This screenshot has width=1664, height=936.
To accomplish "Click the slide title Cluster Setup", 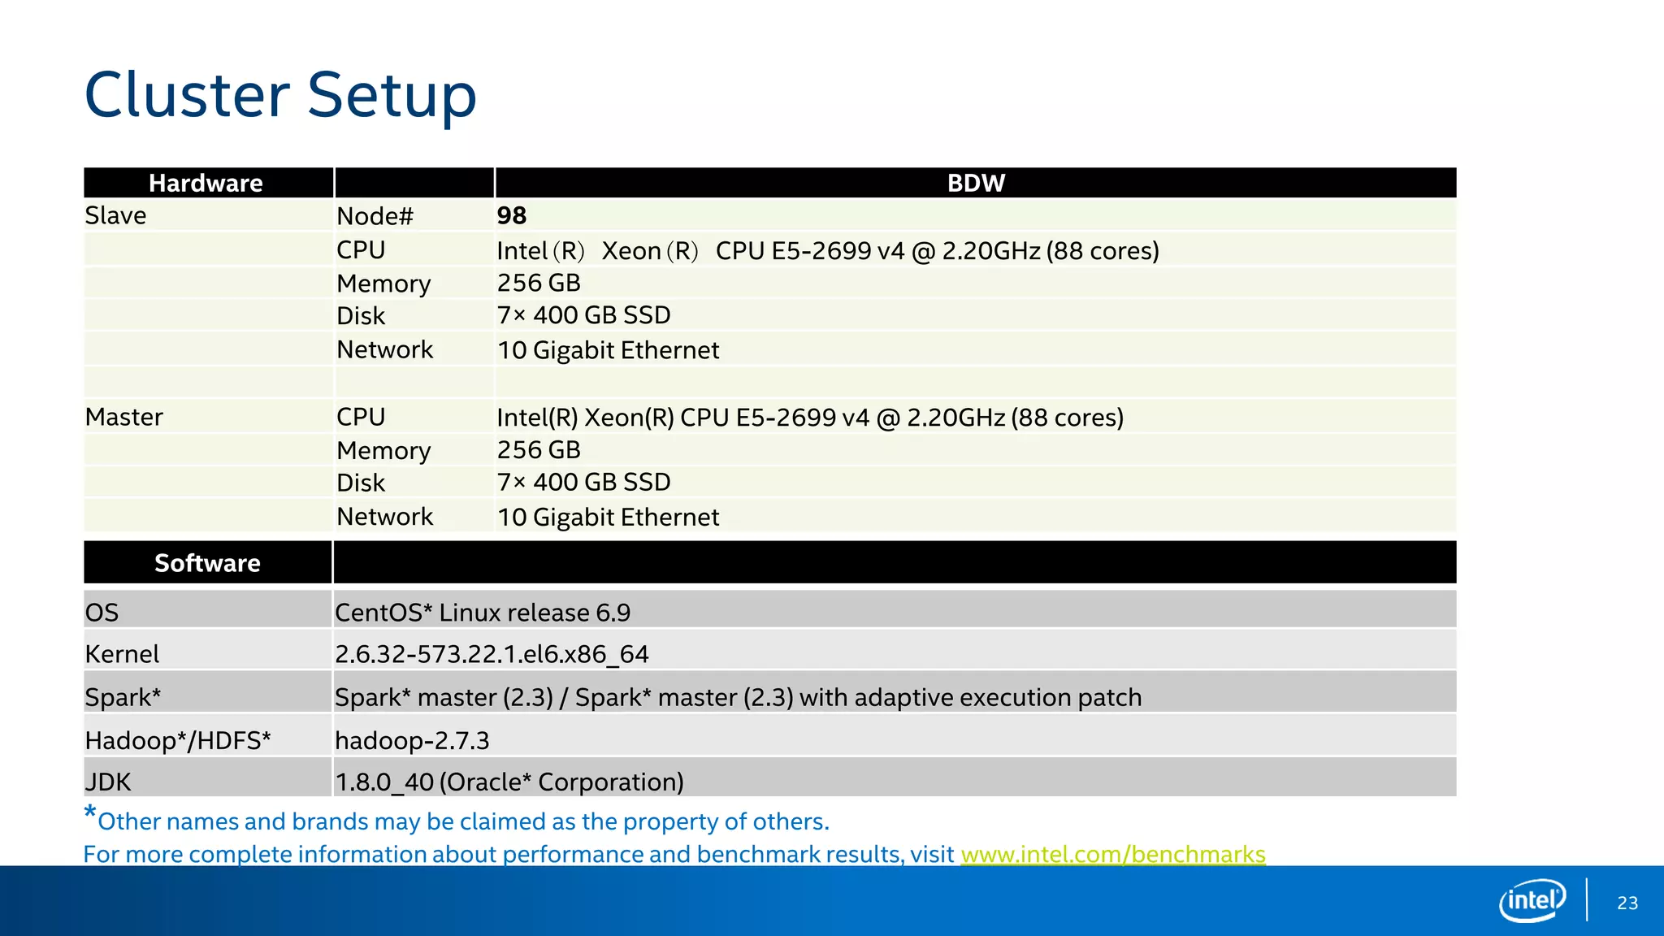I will coord(280,95).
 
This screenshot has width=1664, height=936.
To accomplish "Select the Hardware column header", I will coord(206,183).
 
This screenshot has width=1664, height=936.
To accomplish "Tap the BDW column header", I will coord(976,183).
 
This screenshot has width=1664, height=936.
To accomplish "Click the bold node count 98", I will coord(512,215).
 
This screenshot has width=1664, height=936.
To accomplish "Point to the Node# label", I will coord(375,216).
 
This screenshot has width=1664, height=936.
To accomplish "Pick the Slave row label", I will coord(115,215).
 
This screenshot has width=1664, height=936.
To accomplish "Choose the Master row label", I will coord(123,417).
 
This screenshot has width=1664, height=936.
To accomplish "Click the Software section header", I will coord(207,563).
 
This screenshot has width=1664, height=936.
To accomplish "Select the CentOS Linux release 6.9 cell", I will coord(483,613).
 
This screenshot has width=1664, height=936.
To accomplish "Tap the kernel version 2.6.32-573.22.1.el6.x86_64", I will coord(492,654).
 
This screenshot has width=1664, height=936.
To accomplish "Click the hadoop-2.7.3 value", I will coord(412,740).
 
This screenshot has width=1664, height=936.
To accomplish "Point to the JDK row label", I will coord(108,782).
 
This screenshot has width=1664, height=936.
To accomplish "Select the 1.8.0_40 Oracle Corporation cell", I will coord(509,782).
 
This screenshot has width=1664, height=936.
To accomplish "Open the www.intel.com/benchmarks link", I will coord(1112,854).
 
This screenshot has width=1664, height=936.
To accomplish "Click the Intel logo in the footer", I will coord(1532,900).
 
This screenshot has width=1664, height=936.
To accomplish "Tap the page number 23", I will coord(1627,903).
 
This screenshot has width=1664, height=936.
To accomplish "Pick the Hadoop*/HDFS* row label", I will coord(177,740).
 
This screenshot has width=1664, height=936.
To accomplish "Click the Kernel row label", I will coord(122,654).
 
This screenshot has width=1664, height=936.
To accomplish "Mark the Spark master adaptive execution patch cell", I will coord(738,697).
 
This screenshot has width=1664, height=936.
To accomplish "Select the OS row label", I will coord(102,613).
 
